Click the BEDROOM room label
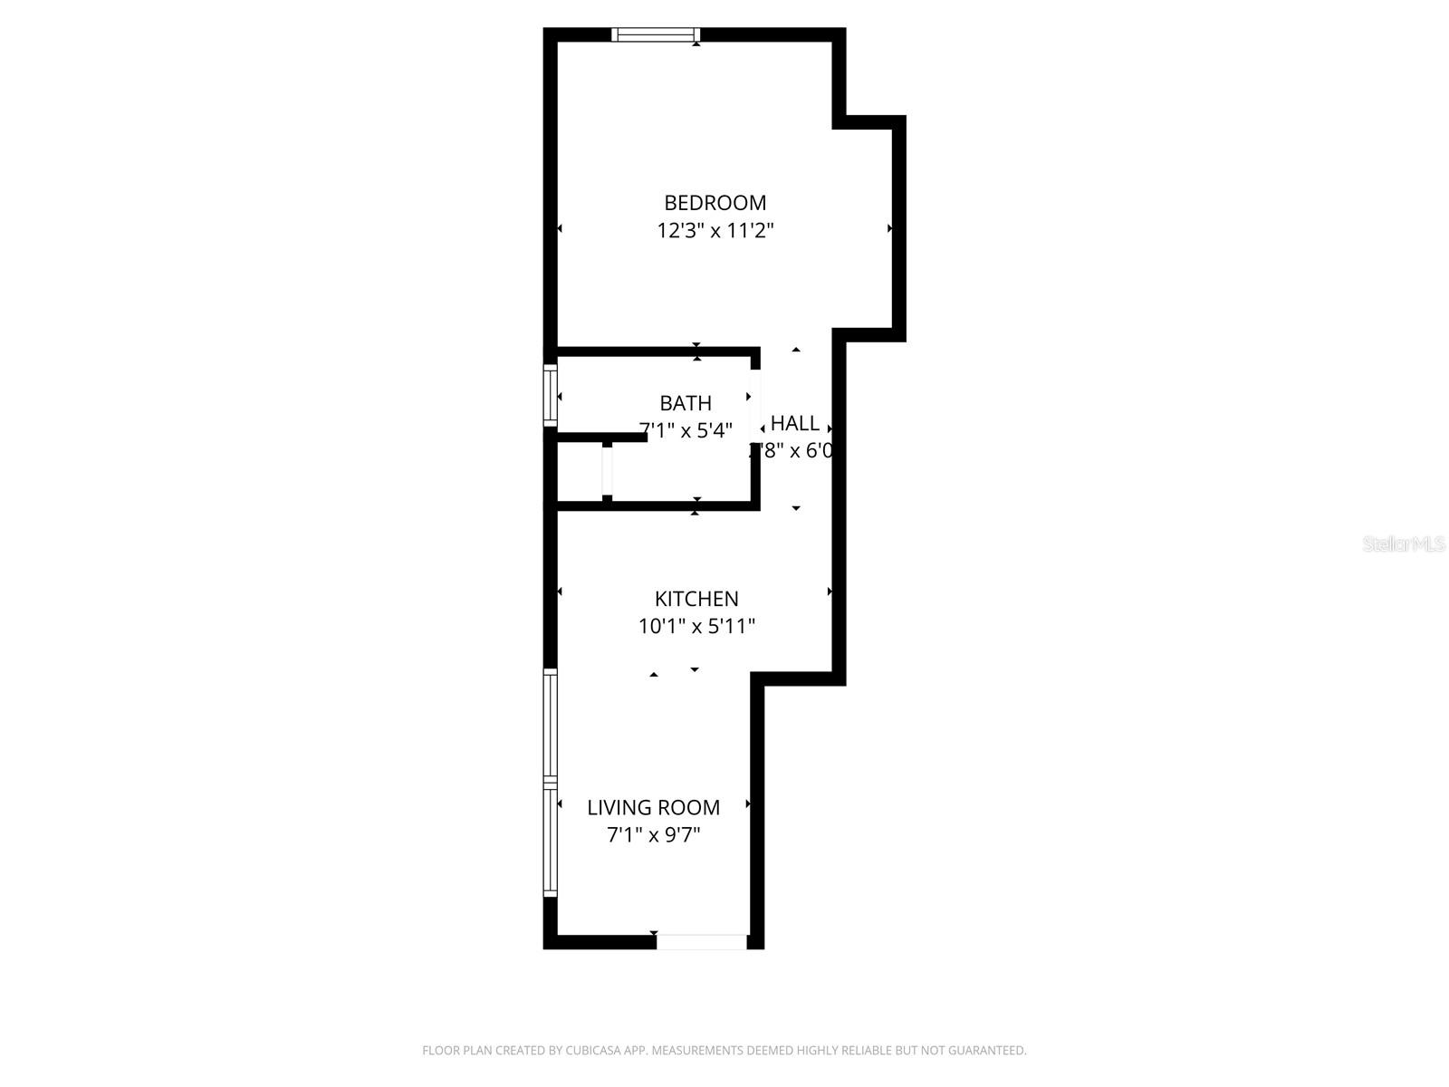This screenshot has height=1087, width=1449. pos(715,203)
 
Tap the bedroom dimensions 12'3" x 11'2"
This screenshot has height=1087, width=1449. pos(715,230)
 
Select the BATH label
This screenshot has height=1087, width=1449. pos(686,403)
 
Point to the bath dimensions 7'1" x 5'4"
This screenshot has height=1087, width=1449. pos(686,430)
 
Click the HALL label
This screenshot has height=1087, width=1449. pos(795,423)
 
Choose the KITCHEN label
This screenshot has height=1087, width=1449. pos(696,599)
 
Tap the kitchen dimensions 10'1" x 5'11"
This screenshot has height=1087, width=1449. pos(696,626)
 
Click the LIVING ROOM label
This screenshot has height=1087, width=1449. pos(653,807)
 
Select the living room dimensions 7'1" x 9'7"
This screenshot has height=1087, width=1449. pos(653,834)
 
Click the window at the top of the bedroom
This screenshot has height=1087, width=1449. pos(656,35)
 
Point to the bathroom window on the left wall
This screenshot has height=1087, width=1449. pos(550,395)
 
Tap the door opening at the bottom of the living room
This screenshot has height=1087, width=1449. pos(701,942)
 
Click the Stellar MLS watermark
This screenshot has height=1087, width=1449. pos(1404,544)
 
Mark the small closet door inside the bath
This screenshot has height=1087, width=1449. pos(607,469)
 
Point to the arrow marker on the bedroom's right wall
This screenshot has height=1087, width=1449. pos(890,228)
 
